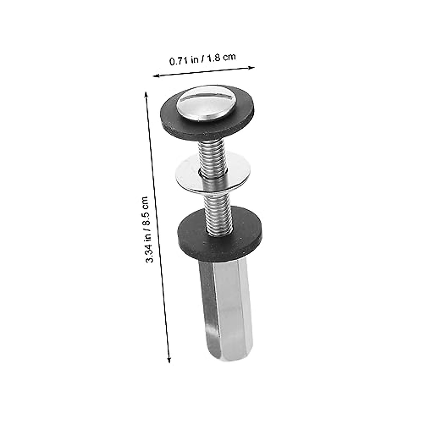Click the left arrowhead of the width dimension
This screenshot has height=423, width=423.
point(155,75)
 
